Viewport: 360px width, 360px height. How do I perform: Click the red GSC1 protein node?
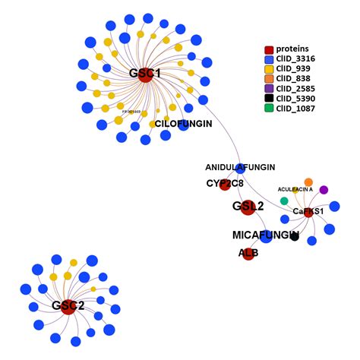147,74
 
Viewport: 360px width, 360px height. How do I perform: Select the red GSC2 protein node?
68,305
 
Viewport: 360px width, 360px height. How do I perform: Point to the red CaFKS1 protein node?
309,211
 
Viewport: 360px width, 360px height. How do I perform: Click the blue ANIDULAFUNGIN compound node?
240,167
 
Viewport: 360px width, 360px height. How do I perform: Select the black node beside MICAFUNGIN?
294,237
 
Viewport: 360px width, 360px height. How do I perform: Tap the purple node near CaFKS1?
324,189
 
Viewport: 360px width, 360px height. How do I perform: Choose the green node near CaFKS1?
284,201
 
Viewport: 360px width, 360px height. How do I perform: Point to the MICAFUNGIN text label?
264,235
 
